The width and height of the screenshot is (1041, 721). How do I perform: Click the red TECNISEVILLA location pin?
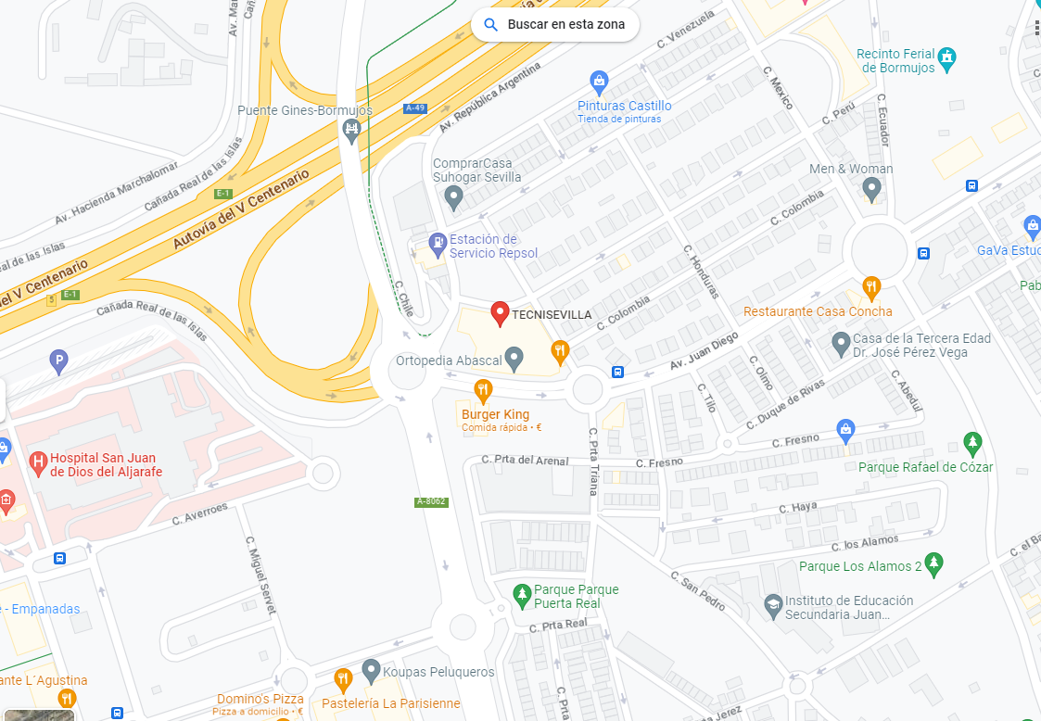coord(500,313)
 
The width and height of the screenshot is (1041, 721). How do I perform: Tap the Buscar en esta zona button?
coord(554,25)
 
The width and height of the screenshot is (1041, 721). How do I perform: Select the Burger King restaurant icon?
coord(482,389)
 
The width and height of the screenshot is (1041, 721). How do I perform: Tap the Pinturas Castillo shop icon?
coord(599,82)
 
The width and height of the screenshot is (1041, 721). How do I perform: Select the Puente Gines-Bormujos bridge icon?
coord(351,129)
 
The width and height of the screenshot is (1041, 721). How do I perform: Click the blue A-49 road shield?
coord(415,108)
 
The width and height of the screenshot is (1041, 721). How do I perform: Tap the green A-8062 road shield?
coord(431,501)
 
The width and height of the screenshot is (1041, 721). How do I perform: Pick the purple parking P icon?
coord(59,362)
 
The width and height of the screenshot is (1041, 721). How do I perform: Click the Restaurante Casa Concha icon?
coord(870,286)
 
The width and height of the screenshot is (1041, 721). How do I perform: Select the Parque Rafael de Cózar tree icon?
coord(971,443)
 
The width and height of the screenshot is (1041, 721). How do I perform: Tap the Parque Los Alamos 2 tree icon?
coord(934,562)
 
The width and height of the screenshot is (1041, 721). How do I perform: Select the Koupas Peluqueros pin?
coord(372,670)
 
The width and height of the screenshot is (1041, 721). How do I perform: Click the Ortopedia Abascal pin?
coord(514,358)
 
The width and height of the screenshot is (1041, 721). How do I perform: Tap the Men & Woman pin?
coord(870,189)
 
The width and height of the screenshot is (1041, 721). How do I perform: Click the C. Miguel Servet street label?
coord(260,575)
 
